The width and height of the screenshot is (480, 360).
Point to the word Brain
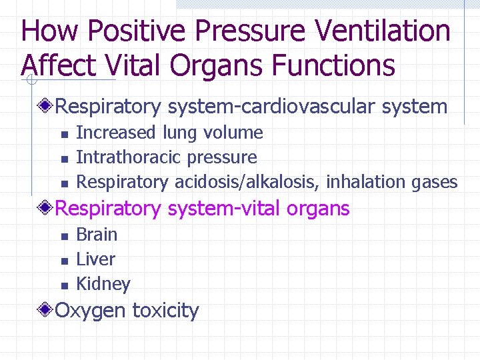[x=97, y=235]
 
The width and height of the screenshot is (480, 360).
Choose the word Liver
[x=96, y=259]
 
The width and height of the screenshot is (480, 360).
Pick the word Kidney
[x=103, y=284]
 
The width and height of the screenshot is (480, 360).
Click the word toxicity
[x=165, y=311]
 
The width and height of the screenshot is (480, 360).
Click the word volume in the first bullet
[x=234, y=133]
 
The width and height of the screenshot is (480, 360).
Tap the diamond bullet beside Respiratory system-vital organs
[x=45, y=209]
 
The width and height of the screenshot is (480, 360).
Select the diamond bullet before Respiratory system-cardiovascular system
[x=45, y=106]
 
